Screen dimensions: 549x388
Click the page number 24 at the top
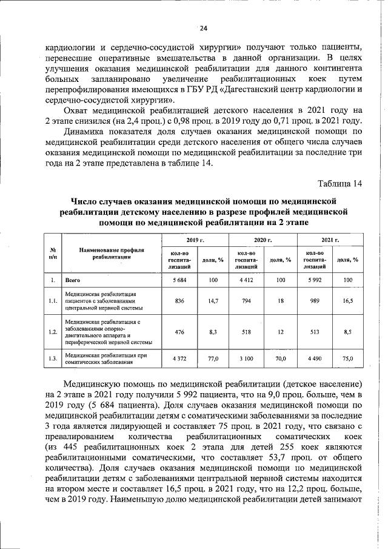[x=203, y=29]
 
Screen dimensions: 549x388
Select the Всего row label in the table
[x=73, y=280]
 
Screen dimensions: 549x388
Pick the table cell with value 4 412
[x=246, y=280]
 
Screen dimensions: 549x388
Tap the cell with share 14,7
[x=213, y=301]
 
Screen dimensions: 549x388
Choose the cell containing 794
[x=246, y=301]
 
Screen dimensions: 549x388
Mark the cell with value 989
[x=313, y=301]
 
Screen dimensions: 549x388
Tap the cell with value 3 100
[x=246, y=359]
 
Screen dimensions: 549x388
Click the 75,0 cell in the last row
[x=347, y=359]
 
